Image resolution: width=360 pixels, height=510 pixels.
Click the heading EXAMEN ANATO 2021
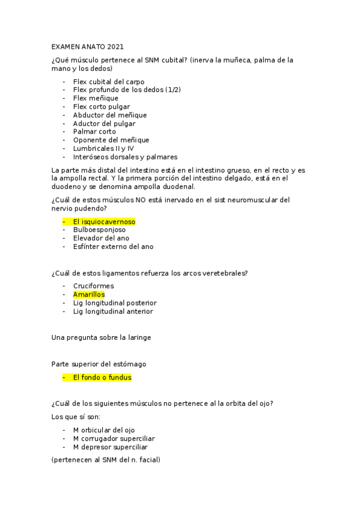pos(88,46)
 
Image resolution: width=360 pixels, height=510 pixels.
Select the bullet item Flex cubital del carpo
pos(108,81)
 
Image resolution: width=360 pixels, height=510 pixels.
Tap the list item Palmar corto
pos(94,132)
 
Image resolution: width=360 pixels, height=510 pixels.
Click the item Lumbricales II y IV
pos(103,149)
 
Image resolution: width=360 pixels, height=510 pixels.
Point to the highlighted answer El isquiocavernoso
pos(104,221)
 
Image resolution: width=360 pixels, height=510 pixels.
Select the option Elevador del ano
pos(101,238)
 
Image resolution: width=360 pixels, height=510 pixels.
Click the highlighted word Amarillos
pos(88,295)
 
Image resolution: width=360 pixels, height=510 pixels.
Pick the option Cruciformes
pos(93,286)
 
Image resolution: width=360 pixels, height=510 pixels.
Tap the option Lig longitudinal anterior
pos(113,312)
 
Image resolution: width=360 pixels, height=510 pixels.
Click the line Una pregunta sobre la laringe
pos(102,337)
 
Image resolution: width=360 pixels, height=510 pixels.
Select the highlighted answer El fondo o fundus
pos(102,378)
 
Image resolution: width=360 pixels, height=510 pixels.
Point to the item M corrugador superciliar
pos(114,439)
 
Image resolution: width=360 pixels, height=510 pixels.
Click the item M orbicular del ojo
pos(103,431)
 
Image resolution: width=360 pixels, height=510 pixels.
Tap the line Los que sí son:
pos(76,417)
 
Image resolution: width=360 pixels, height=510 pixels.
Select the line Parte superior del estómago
pos(99,364)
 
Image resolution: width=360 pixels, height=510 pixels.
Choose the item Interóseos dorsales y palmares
pos(125,157)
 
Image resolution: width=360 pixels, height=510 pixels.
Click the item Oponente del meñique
pos(111,140)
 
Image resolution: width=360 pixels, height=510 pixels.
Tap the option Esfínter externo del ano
pos(113,247)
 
